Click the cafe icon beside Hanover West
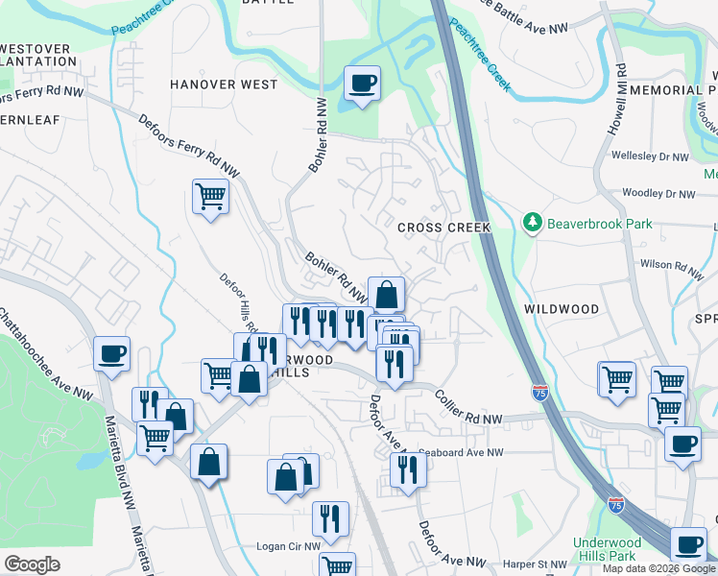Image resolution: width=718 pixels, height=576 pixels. point(362,84)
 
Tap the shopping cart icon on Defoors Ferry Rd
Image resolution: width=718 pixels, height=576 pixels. point(210,197)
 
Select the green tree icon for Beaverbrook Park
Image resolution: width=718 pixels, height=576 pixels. point(533,223)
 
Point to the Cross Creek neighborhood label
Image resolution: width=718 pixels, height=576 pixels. point(443,228)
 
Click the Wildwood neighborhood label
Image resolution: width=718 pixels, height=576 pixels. point(562,309)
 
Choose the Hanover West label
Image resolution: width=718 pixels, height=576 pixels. point(224,84)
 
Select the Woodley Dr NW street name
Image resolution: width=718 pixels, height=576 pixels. point(658,194)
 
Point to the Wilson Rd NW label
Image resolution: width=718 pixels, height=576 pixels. point(669,263)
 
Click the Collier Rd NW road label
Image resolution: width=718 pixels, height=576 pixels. point(467,407)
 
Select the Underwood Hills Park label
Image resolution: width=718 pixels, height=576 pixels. point(606,549)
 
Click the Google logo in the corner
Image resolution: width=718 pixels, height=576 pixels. point(32,564)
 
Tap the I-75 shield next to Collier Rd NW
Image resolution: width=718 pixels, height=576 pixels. point(540,392)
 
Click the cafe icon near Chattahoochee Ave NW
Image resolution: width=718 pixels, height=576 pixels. point(112,353)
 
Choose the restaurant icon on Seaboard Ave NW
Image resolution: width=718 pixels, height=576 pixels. point(408,470)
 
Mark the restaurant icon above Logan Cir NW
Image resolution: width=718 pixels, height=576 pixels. point(330,518)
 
